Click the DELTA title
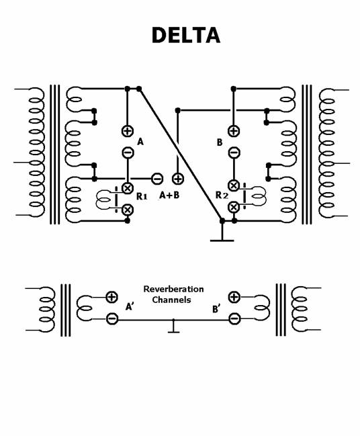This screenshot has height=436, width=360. point(186,36)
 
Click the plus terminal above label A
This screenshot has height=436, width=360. point(128,131)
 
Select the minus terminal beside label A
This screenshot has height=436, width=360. point(128,152)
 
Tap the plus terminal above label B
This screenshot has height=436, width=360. point(234,131)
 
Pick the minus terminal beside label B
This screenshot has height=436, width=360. point(234,152)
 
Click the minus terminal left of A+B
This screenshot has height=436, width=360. point(157,179)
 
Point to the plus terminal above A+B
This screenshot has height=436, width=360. point(178,179)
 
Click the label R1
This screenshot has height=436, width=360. point(142,196)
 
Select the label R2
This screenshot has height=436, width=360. point(222,195)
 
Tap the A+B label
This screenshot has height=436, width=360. point(169,195)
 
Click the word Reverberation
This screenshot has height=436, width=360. point(173,289)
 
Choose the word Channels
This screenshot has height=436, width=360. point(171,300)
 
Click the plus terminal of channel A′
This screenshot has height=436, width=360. point(111,297)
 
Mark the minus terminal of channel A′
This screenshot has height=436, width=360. point(112,318)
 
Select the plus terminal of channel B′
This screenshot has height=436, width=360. point(234,297)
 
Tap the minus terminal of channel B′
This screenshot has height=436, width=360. point(234,318)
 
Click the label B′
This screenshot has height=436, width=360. point(216,309)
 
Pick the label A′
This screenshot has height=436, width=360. point(130,306)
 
